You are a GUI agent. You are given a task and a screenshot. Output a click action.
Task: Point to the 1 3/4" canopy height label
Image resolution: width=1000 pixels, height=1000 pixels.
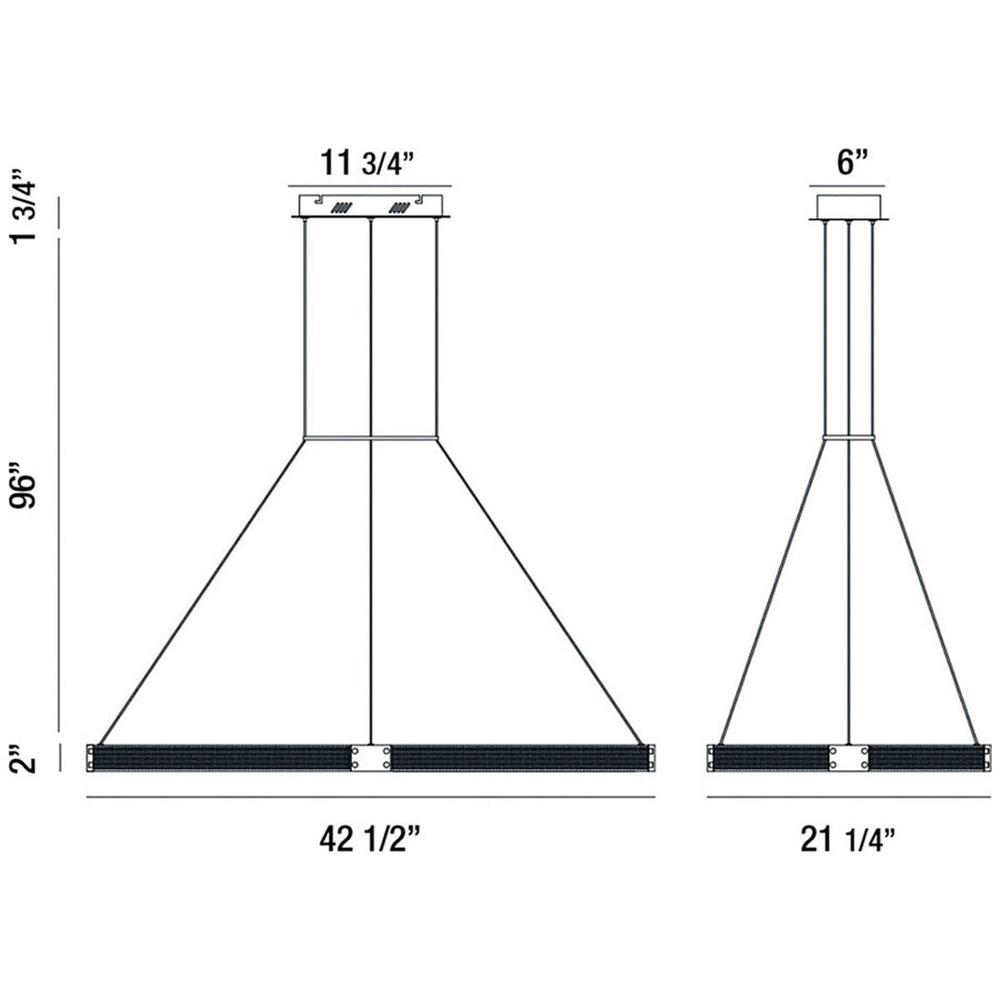tap(30, 209)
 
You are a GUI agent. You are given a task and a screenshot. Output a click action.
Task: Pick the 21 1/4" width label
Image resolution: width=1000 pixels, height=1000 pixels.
tap(848, 841)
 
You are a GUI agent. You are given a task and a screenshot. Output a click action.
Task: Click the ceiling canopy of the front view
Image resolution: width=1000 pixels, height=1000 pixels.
tap(371, 205)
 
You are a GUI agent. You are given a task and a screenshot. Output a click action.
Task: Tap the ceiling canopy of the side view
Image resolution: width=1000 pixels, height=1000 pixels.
tap(849, 206)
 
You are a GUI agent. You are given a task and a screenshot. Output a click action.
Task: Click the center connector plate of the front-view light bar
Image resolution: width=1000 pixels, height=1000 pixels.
tap(371, 758)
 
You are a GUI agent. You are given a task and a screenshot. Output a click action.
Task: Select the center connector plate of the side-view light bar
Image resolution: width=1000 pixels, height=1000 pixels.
tap(848, 758)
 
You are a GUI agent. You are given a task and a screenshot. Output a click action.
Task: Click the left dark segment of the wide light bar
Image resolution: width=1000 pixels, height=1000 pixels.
tap(223, 758)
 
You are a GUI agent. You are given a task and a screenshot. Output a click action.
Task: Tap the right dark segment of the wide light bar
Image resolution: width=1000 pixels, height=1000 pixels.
tap(518, 758)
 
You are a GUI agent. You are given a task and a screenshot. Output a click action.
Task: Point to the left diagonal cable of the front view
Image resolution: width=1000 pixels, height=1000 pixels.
tap(200, 591)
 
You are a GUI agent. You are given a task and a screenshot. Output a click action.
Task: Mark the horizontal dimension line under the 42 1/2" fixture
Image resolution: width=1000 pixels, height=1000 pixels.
tap(371, 797)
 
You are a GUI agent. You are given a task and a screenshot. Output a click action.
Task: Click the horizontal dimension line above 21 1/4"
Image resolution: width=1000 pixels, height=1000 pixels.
tap(848, 797)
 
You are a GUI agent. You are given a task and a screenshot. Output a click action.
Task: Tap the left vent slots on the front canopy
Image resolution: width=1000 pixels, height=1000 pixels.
tap(342, 207)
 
